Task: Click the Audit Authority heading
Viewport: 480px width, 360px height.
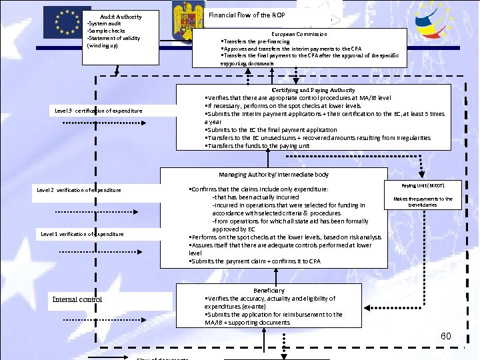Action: coord(121,16)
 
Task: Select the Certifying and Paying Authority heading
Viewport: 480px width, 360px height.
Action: coord(313,90)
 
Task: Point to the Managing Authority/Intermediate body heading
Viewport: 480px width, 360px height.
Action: coord(273,175)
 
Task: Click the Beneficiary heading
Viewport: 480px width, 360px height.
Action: coord(269,291)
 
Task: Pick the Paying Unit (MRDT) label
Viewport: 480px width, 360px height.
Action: coord(423,185)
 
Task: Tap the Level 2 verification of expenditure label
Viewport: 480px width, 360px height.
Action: coord(79,190)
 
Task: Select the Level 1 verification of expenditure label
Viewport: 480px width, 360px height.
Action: coord(82,234)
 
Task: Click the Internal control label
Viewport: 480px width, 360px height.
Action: coord(77,299)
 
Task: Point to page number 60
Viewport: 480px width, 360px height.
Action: coord(446,336)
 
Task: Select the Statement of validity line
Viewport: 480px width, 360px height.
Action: coord(113,38)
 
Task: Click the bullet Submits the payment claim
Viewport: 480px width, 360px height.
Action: coord(255,261)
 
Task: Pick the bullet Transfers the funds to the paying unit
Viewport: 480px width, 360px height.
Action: coord(257,145)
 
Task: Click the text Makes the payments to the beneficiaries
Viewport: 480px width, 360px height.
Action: coord(423,201)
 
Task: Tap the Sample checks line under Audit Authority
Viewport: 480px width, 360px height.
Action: coord(105,31)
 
